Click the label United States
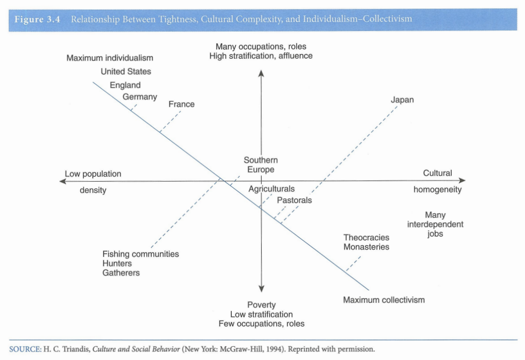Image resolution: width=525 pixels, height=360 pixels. point(126,72)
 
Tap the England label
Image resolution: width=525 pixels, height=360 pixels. point(125,85)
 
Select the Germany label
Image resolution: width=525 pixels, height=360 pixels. point(140,97)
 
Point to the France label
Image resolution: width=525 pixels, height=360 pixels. point(182,104)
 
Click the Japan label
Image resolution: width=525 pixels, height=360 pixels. point(402,100)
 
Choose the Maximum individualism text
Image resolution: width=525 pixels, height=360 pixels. point(109,58)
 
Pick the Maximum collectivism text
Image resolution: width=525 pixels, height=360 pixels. point(383,300)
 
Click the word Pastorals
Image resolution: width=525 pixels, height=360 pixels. point(294,200)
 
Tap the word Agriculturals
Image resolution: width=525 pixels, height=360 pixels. point(271,189)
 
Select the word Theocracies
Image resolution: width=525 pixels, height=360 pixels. point(366,237)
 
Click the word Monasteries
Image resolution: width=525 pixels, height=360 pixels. point(366,247)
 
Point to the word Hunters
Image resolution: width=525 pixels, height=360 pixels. point(117,263)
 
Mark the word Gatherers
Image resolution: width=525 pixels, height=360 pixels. point(121,273)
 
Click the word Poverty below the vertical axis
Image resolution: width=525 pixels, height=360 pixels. point(261,305)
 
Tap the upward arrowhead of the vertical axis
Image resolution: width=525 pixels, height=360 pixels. point(261,74)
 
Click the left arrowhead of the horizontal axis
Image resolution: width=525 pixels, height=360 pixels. point(65,182)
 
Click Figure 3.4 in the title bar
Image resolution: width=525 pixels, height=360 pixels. point(37,19)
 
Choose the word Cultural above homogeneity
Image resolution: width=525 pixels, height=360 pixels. point(437,173)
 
